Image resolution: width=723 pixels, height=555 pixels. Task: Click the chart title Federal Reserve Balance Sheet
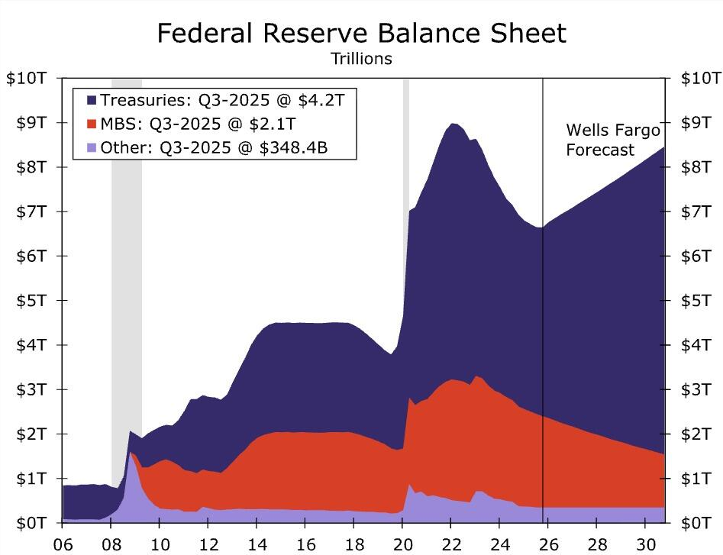click(x=361, y=33)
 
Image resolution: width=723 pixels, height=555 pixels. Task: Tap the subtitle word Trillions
click(x=361, y=59)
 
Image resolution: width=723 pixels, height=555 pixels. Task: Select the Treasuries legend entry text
click(x=228, y=99)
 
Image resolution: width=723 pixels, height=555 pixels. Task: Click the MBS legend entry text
click(x=198, y=123)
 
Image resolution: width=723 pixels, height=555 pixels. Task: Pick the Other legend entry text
click(x=213, y=147)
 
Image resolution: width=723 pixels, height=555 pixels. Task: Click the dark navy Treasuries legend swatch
click(x=92, y=100)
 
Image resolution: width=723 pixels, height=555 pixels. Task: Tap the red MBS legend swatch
click(x=92, y=124)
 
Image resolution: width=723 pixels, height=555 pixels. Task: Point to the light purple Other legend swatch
click(x=92, y=147)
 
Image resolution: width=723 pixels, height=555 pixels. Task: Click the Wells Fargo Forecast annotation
click(x=612, y=140)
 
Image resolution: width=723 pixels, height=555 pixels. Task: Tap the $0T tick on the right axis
click(x=699, y=523)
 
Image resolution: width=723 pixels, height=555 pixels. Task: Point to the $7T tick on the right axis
click(x=699, y=211)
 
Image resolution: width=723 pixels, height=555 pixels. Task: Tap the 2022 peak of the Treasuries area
click(x=452, y=125)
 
